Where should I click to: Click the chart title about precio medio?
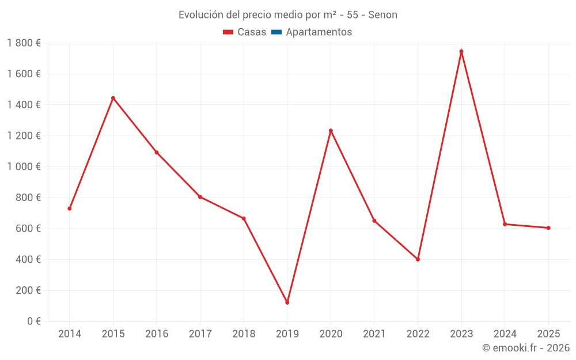287,15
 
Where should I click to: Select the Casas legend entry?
245,32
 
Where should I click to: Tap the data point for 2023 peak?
461,51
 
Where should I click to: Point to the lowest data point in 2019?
287,302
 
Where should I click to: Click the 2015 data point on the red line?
113,98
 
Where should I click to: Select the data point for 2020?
331,131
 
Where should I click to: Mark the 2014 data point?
70,209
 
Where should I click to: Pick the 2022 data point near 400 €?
418,259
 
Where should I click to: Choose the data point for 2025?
548,228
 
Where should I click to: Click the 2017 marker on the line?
200,197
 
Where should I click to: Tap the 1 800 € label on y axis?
24,43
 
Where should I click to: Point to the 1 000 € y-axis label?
24,166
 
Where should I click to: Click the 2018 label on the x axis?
244,334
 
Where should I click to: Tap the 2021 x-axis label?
374,334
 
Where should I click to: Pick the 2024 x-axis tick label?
505,334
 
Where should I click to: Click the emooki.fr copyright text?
525,348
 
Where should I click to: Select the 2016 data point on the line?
157,153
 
